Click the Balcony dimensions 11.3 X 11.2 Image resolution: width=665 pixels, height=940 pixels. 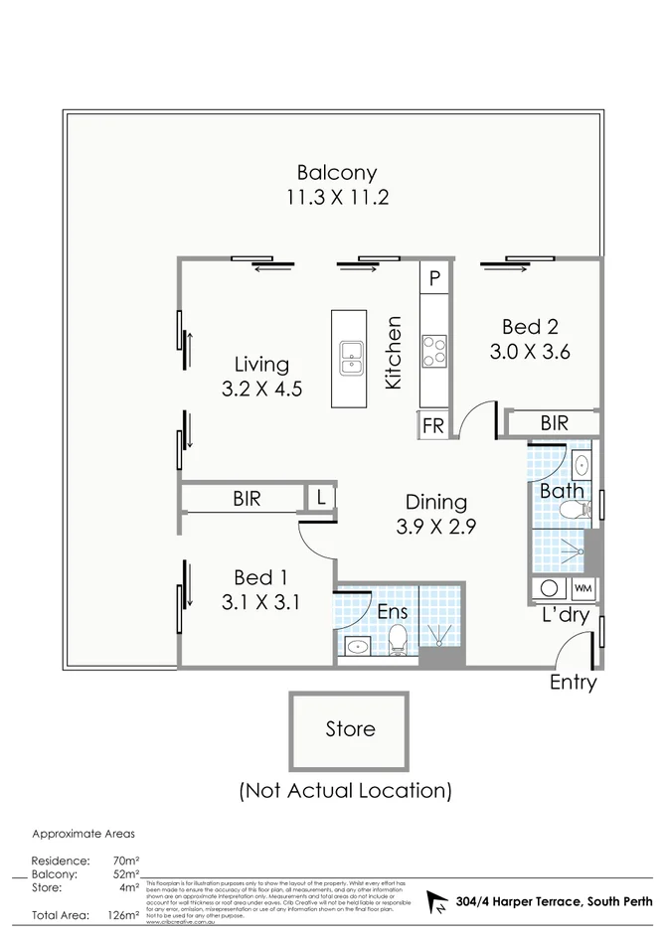[336, 198]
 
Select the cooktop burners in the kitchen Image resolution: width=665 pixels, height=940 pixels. [435, 350]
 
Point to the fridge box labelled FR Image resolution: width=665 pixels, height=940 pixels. [433, 424]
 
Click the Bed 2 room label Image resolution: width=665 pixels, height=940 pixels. [529, 326]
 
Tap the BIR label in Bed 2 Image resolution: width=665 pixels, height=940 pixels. [554, 423]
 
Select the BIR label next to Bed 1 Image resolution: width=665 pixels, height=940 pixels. [247, 499]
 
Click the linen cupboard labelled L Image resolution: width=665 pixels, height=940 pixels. [322, 498]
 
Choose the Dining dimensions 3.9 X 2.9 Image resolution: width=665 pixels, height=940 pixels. [435, 528]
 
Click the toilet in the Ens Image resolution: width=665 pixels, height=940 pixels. [397, 640]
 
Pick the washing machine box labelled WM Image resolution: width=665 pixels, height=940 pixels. [582, 587]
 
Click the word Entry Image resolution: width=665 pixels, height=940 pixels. [573, 683]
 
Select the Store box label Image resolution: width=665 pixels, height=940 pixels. [350, 729]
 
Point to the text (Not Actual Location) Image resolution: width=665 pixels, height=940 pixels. [345, 791]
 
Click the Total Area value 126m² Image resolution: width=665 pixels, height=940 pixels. [122, 915]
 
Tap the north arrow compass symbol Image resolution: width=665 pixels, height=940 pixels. [435, 902]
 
